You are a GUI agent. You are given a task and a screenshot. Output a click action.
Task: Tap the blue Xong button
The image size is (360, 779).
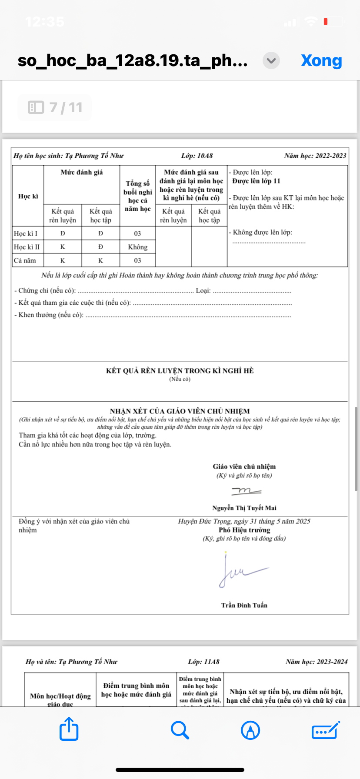321,60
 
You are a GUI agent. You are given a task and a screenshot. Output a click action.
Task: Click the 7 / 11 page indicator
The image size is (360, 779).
55,107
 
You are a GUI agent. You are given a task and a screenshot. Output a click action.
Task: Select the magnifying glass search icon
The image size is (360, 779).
180,730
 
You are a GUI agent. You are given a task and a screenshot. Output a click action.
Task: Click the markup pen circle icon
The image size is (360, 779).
250,730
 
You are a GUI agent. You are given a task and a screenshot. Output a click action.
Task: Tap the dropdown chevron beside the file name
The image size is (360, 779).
271,60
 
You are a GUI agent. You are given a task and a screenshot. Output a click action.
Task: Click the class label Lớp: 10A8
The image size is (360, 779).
197,156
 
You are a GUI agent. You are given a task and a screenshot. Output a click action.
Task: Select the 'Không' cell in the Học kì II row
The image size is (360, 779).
137,247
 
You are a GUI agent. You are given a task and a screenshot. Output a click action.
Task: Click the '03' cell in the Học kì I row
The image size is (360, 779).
137,233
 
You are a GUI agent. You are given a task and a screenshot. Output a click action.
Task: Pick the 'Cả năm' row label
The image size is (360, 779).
25,260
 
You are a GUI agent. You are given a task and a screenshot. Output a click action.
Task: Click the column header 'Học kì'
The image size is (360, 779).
28,196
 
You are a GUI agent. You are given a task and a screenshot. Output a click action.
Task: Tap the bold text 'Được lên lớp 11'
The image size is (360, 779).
256,181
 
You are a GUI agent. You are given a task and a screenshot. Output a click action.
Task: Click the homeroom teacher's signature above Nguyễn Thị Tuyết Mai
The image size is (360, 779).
246,491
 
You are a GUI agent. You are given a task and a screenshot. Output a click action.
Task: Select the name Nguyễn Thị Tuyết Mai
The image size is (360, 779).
244,508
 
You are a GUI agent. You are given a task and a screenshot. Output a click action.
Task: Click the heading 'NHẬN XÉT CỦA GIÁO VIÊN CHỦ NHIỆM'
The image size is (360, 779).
180,411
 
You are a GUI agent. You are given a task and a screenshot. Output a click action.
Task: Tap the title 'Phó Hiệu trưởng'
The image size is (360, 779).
244,530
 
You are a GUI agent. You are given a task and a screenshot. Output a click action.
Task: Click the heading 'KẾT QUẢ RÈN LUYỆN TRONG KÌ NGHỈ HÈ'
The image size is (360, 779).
180,371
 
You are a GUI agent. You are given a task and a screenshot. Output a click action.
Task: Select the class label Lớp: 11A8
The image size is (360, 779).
203,662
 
